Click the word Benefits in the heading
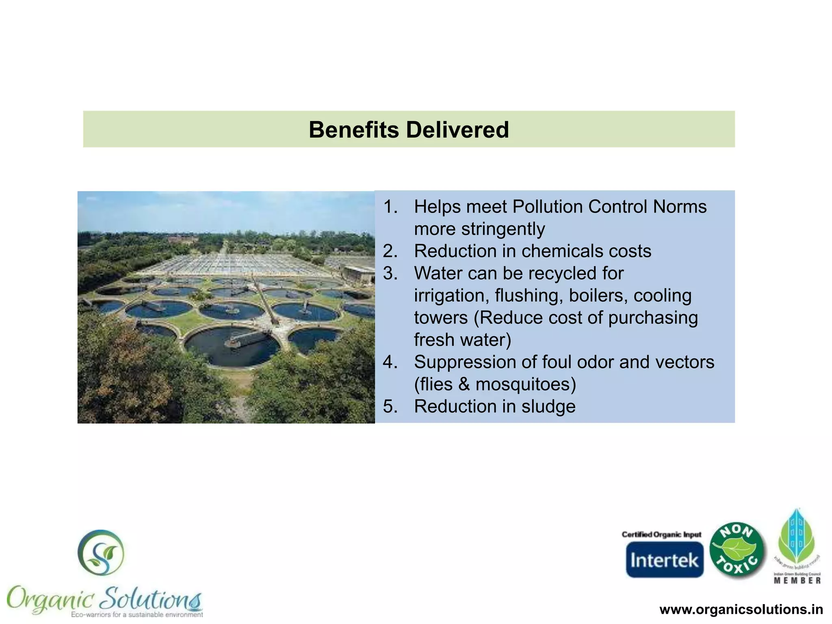[354, 130]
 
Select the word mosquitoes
[525, 384]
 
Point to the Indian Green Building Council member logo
[797, 546]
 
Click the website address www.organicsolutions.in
[741, 609]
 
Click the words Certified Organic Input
[661, 534]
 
